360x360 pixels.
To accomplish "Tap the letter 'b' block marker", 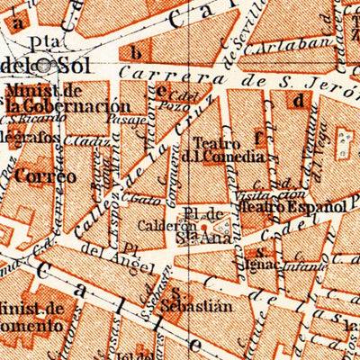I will tap(136, 51).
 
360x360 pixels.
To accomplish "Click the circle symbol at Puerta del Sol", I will tap(66, 65).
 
